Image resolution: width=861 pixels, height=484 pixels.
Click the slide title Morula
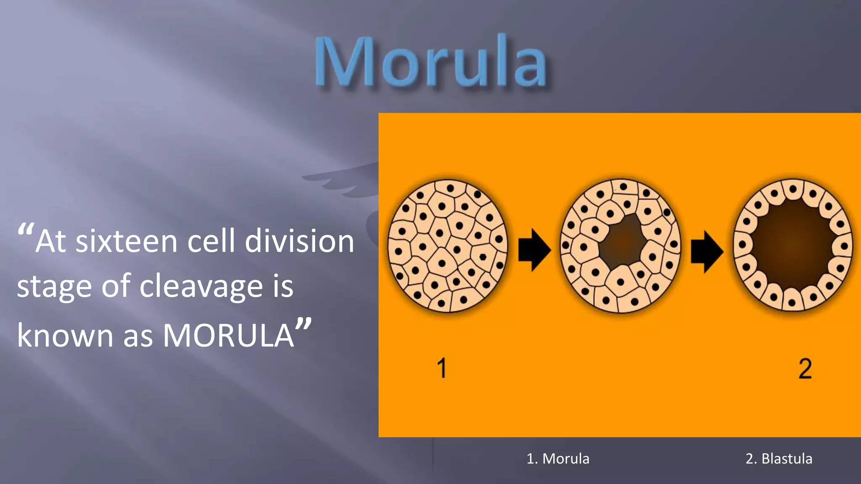click(x=431, y=62)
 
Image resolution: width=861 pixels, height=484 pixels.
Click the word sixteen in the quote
click(x=127, y=242)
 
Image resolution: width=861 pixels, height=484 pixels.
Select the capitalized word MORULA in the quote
click(x=228, y=336)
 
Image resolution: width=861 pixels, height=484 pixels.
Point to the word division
click(x=299, y=242)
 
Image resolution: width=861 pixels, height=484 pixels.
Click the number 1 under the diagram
click(x=441, y=368)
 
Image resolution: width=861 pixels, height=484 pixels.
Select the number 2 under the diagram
click(x=805, y=369)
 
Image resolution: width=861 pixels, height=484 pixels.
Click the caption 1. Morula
click(x=558, y=458)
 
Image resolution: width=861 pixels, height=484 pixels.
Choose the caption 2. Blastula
click(x=779, y=458)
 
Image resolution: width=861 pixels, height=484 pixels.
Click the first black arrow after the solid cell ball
click(x=534, y=250)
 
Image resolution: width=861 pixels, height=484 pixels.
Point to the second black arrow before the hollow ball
click(x=707, y=252)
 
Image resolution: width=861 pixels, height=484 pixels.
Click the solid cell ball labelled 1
click(x=447, y=246)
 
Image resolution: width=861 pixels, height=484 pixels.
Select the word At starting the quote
click(x=50, y=242)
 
